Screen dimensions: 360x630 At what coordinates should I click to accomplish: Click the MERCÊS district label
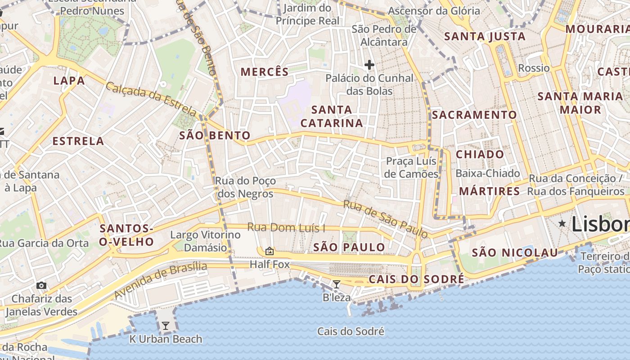click(x=264, y=72)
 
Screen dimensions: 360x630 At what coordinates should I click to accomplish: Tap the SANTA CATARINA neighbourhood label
click(x=332, y=116)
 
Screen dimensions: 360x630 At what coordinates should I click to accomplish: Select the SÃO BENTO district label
click(x=215, y=135)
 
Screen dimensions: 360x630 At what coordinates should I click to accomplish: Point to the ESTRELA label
click(x=78, y=141)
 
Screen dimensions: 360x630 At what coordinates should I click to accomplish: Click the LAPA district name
click(x=69, y=81)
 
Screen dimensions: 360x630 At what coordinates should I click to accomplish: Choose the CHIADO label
click(x=480, y=154)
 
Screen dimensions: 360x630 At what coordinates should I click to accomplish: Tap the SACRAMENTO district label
click(x=474, y=115)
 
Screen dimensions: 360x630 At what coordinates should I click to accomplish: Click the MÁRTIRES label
click(x=490, y=191)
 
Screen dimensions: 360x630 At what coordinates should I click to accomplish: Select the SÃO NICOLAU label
click(x=515, y=253)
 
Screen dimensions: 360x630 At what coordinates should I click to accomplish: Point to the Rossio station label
click(x=534, y=68)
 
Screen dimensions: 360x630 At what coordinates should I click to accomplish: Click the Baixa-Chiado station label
click(x=488, y=173)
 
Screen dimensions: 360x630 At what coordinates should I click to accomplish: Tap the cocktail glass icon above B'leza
click(x=336, y=284)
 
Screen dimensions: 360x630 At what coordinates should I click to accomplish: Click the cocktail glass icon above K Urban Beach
click(x=166, y=325)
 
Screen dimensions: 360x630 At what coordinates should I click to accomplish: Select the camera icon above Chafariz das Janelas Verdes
click(x=41, y=285)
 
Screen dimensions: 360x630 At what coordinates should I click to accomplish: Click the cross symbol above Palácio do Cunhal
click(x=369, y=65)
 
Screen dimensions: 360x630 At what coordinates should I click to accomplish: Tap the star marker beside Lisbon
click(x=562, y=223)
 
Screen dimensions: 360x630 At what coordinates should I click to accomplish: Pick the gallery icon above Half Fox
click(x=269, y=251)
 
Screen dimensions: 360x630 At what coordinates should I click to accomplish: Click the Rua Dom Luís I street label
click(x=286, y=228)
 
